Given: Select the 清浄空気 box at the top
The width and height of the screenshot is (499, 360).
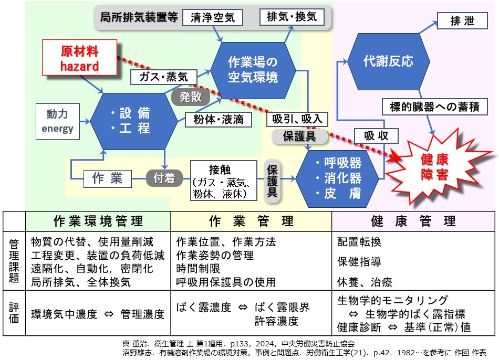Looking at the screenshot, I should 212,18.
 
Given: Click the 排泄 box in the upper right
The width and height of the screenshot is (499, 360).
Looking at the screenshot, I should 463,21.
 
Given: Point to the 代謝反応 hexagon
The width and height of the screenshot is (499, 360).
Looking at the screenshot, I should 388,61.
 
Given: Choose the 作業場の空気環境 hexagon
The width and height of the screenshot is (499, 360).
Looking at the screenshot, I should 252,69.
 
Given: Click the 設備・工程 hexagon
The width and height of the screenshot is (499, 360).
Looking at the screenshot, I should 134,120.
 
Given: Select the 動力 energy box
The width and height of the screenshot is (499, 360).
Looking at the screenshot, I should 57,121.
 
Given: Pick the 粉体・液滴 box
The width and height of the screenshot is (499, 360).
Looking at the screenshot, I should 215,119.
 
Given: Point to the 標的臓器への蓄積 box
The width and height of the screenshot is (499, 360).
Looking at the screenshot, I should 434,107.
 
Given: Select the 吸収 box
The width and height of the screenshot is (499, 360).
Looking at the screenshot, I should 376,136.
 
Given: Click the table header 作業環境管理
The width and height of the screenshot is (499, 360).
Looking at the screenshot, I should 98,221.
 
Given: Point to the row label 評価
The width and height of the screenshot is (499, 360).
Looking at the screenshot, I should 14,313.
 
